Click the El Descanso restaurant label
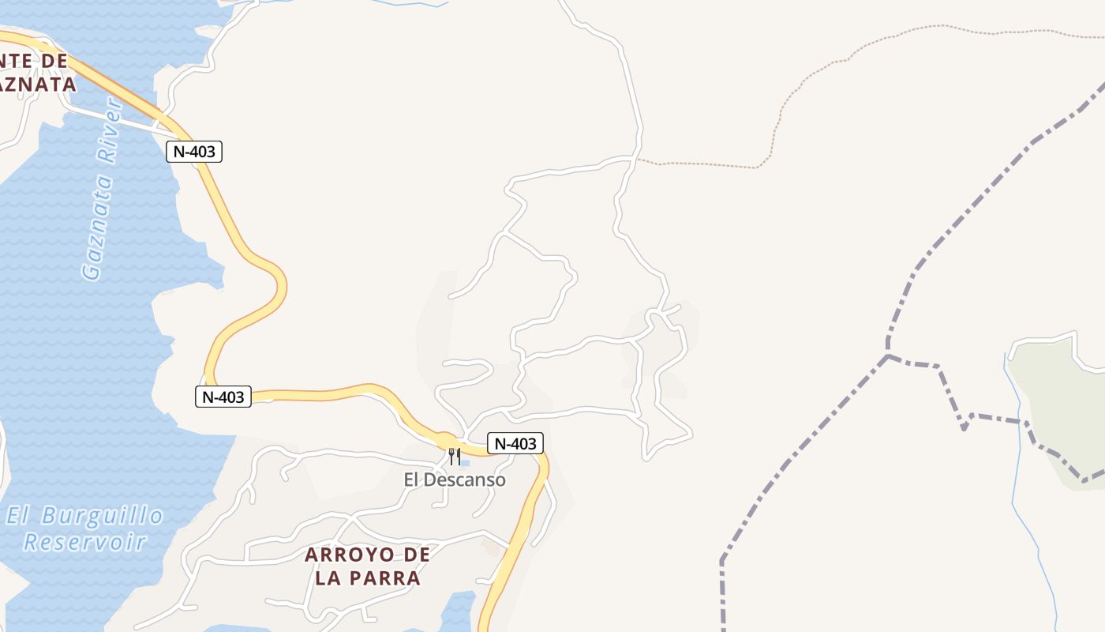455,480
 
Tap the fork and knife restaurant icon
454,456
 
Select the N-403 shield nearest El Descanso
515,444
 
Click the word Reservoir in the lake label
85,542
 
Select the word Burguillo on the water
103,517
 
